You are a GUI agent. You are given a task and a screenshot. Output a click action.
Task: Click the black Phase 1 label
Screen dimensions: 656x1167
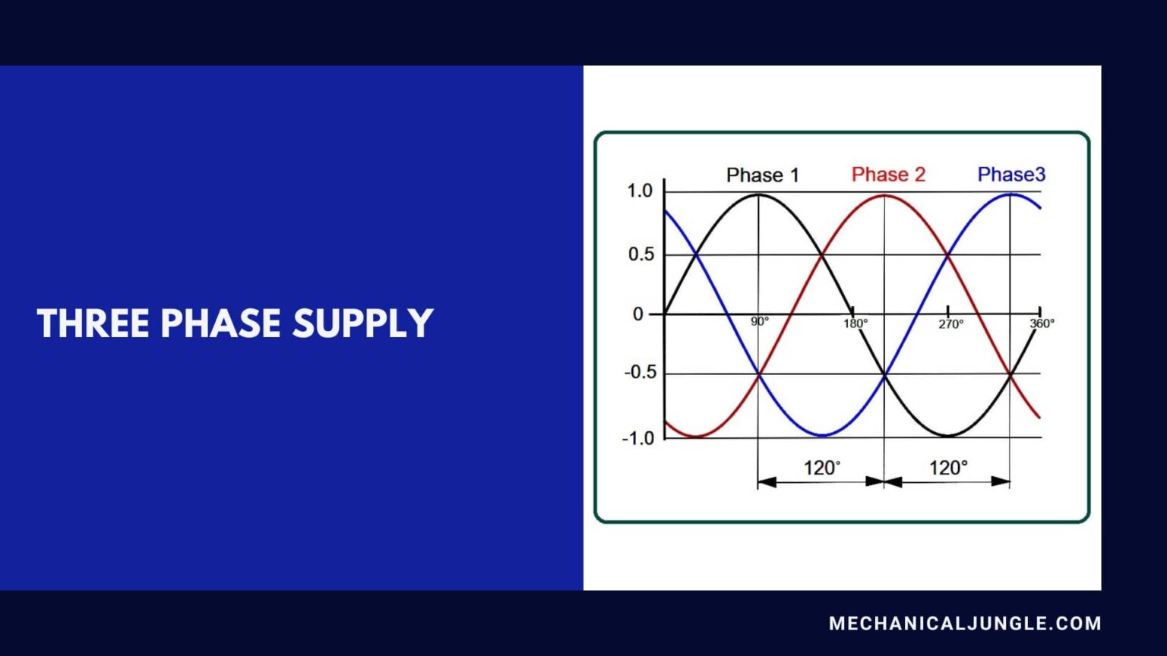(x=762, y=175)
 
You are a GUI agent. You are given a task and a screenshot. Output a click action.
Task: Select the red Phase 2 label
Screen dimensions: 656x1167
(x=888, y=175)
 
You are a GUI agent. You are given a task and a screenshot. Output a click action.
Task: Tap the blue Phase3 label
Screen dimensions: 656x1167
(x=1011, y=175)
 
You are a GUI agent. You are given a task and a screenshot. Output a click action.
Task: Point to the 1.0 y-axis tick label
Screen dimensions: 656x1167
(x=640, y=191)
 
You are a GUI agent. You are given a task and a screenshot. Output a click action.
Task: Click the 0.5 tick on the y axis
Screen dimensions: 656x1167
(x=640, y=254)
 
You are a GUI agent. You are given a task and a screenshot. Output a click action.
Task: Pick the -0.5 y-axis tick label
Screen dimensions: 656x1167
(x=639, y=373)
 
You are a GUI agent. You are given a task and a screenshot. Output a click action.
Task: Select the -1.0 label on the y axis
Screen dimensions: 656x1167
(x=637, y=438)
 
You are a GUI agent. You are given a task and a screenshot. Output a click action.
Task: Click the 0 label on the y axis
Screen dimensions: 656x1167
(x=638, y=314)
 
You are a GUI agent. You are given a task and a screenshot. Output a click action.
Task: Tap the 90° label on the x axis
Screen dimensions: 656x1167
(x=760, y=322)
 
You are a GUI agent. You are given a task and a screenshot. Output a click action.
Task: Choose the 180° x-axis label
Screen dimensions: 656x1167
(x=855, y=323)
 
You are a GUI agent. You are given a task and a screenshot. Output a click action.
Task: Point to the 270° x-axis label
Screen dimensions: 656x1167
(x=950, y=323)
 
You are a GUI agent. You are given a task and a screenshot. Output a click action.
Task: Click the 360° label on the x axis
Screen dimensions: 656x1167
(x=1042, y=323)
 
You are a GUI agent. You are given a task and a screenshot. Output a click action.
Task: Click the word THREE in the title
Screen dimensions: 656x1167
(x=93, y=323)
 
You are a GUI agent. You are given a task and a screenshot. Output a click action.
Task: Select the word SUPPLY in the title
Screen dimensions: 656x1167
(x=362, y=323)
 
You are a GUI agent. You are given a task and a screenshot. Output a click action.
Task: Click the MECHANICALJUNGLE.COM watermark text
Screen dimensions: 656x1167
(x=965, y=623)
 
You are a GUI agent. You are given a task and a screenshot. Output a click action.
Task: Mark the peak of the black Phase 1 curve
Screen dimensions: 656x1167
(x=758, y=195)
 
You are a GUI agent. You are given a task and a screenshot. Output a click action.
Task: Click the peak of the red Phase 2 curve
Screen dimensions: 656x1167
(x=884, y=196)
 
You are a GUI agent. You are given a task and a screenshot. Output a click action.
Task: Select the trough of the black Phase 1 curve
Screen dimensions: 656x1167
(x=947, y=436)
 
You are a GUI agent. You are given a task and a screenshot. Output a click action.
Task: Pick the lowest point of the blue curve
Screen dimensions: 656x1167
(x=822, y=436)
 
